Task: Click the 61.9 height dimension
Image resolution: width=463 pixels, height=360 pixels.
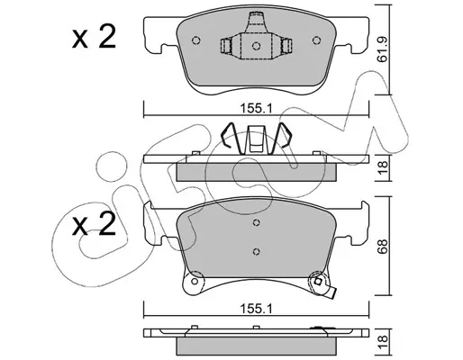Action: tap(382, 49)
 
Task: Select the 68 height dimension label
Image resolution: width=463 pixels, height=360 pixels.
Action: tap(382, 247)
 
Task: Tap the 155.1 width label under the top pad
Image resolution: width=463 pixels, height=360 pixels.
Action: tap(256, 108)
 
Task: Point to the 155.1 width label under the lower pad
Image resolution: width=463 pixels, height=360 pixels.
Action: tap(256, 308)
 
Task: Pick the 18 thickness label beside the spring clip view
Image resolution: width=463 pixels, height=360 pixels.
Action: tap(382, 167)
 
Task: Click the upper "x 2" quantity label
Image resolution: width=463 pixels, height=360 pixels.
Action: tap(94, 37)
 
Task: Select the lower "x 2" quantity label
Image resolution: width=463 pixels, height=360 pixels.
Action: tap(94, 224)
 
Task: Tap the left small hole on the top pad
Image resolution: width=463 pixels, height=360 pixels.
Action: tap(196, 40)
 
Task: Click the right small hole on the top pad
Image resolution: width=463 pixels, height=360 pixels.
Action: tap(316, 40)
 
